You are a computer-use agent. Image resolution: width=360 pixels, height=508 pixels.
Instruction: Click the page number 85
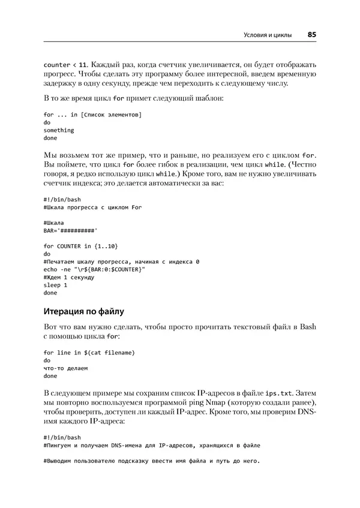coord(312,35)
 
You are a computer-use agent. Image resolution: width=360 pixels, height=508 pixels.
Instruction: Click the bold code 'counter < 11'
coord(67,64)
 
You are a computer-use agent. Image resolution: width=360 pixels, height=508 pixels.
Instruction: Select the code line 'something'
coord(59,130)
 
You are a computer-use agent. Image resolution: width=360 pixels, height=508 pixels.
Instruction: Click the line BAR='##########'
coord(70,230)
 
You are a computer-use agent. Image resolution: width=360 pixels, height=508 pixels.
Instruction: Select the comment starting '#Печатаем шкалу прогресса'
coord(122,261)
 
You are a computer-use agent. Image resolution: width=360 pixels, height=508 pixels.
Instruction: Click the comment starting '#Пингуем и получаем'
coord(152,446)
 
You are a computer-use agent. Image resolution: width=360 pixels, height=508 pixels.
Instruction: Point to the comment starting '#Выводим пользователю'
coord(152,461)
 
